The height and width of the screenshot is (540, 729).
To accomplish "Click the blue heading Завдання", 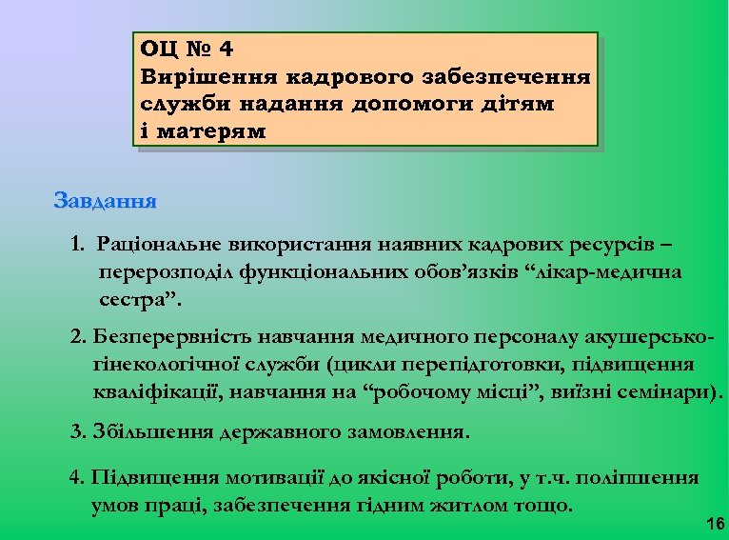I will pyautogui.click(x=106, y=202).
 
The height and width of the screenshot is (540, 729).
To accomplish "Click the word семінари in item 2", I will pyautogui.click(x=670, y=391).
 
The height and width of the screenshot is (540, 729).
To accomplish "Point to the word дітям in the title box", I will pyautogui.click(x=521, y=103).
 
